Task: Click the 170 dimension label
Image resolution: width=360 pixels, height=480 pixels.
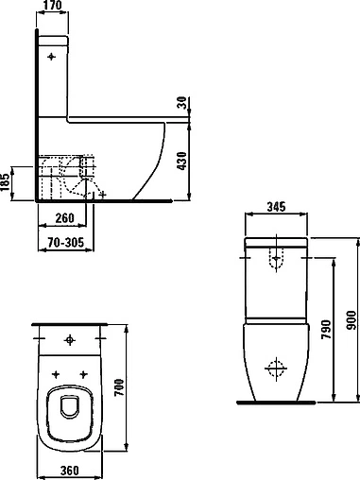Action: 52,5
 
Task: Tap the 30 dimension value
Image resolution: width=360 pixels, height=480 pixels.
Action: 182,103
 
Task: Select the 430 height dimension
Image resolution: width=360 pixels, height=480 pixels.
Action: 181,162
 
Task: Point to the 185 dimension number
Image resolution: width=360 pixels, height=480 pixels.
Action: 5,182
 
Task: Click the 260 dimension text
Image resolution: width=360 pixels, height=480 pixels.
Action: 64,218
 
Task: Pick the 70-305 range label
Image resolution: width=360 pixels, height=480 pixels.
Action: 66,243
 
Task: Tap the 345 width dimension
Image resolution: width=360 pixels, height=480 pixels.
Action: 276,207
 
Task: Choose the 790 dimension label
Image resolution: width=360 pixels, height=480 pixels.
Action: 326,330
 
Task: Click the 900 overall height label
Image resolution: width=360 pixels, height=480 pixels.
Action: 351,320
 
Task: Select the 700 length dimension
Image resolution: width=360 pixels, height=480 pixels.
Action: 119,387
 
